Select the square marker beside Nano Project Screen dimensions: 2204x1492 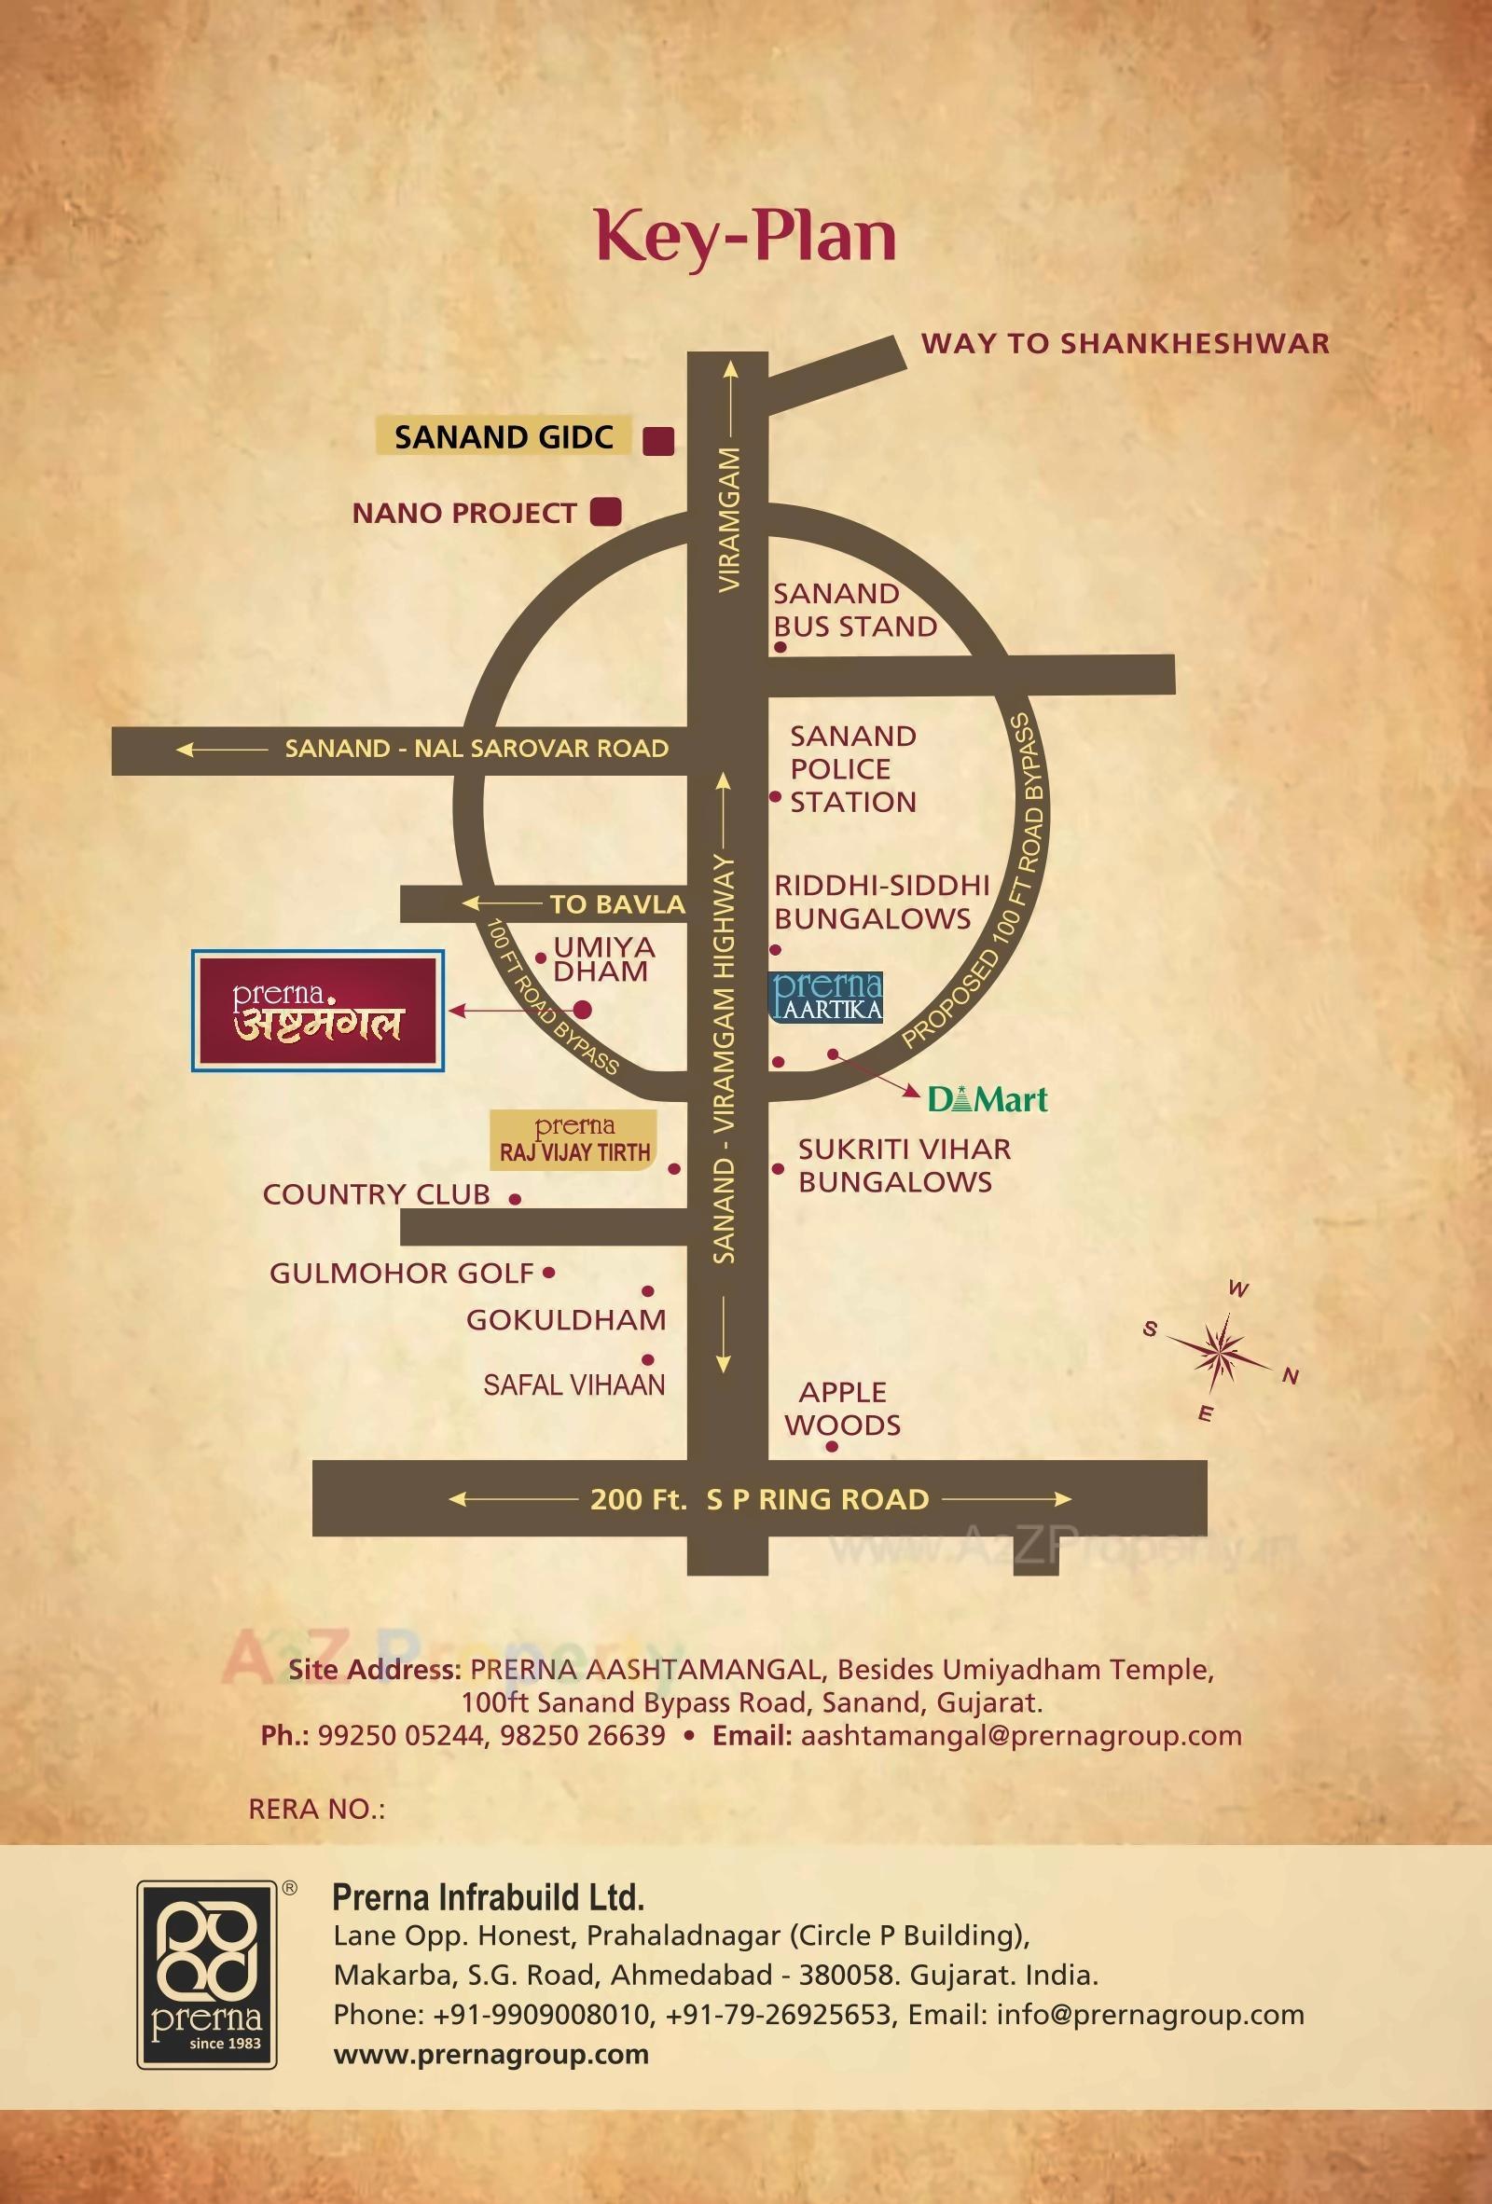point(605,512)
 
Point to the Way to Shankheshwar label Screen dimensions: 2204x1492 point(1125,343)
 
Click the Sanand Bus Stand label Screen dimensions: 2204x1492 point(854,610)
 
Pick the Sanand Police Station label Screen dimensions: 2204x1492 point(852,768)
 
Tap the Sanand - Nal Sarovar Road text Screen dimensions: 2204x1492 point(477,749)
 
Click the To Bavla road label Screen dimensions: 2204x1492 point(616,903)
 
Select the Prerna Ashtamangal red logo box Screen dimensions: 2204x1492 point(318,1011)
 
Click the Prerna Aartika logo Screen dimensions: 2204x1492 point(825,997)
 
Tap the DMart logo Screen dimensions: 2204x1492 point(988,1099)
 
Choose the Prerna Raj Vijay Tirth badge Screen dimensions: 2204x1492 point(573,1140)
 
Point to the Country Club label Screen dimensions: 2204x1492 point(376,1194)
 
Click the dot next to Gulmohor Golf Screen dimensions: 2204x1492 point(549,1273)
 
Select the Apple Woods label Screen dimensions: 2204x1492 point(842,1409)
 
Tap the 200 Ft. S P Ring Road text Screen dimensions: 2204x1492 point(759,1499)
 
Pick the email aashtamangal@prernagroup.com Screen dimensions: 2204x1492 point(1020,1735)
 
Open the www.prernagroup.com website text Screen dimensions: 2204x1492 point(490,2054)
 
